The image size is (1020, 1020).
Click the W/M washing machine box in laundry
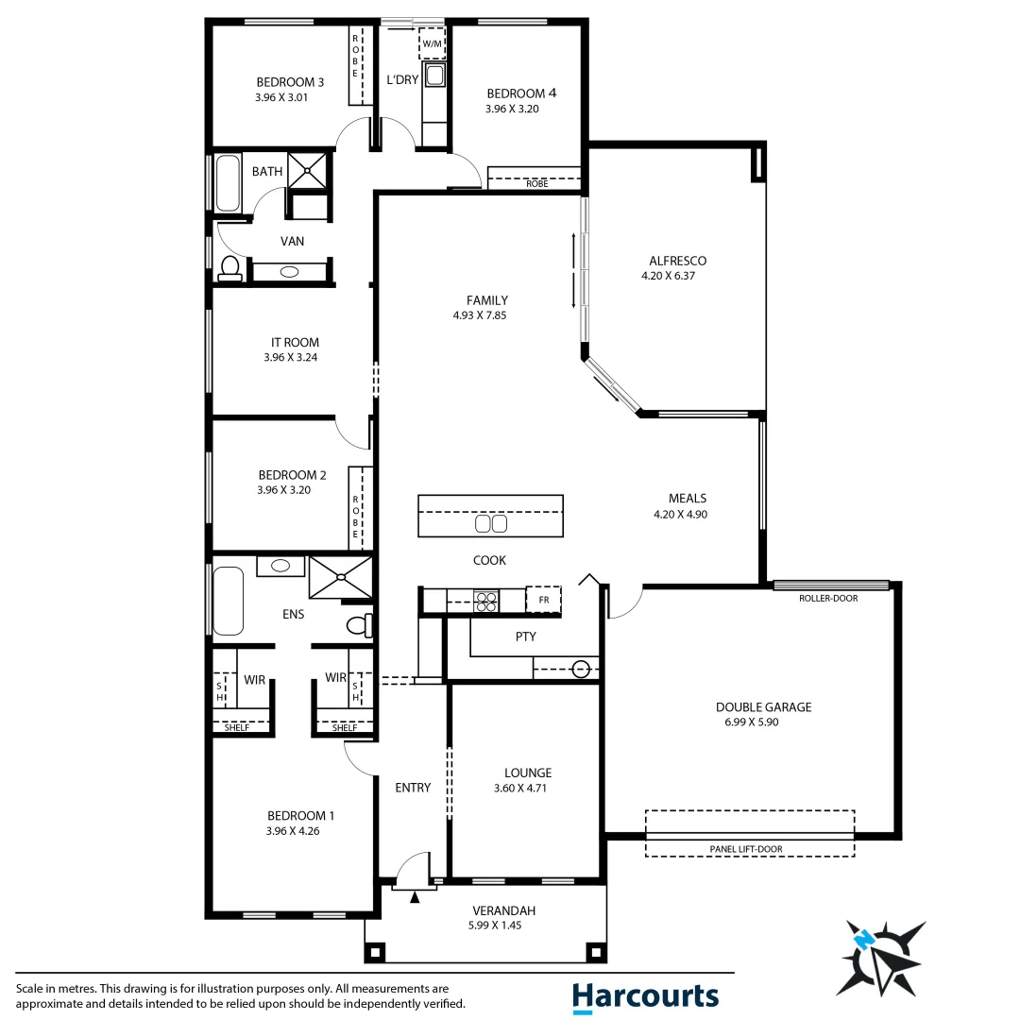[x=432, y=44]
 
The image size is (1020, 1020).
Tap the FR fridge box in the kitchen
[x=543, y=600]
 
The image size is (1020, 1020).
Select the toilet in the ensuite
[x=360, y=624]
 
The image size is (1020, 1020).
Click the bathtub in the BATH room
[x=228, y=184]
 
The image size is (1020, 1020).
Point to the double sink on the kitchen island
[x=490, y=523]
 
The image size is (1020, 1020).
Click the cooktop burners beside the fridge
[x=485, y=601]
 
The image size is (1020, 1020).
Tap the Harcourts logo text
[x=645, y=995]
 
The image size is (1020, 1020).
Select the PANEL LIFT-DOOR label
[x=746, y=849]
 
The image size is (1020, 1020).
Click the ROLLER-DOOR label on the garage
[x=828, y=598]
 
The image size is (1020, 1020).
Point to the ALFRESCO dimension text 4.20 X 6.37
[x=675, y=277]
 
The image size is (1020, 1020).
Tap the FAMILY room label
[x=486, y=300]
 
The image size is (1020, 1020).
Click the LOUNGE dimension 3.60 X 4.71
[x=527, y=789]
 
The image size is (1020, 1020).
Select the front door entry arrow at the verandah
[x=414, y=897]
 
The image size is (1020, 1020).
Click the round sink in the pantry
[x=581, y=670]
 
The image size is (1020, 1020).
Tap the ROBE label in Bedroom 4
[x=537, y=183]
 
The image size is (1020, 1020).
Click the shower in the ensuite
[x=340, y=576]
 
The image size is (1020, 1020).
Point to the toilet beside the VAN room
[x=229, y=268]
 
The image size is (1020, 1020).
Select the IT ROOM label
[x=295, y=343]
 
